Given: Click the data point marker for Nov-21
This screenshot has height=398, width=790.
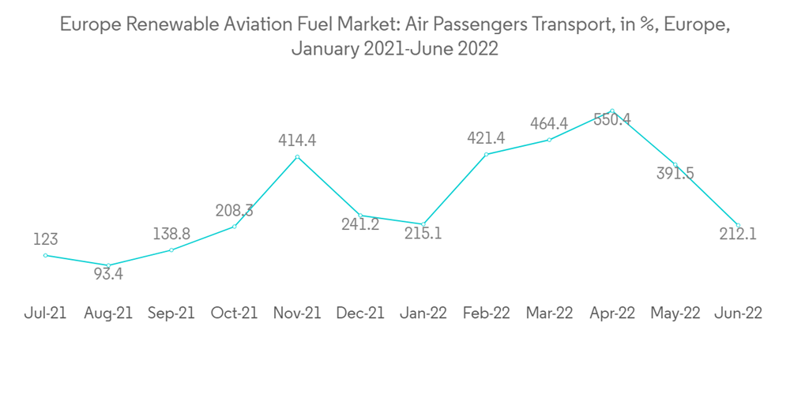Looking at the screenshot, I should pos(297,157).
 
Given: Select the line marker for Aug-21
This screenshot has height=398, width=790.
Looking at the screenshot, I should pos(108,265).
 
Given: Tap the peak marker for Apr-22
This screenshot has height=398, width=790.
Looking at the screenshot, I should pos(612,111).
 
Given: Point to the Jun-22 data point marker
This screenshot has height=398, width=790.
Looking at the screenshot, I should pos(738,225).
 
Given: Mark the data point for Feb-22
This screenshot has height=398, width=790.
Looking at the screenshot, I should pos(487,155).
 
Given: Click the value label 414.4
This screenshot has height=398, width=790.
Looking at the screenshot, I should pos(297,141).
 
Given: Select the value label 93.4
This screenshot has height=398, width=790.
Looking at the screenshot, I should pos(108,275).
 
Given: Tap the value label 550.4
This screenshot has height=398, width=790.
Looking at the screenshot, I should pos(612,120).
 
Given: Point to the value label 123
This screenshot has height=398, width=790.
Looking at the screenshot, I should pos(46,239).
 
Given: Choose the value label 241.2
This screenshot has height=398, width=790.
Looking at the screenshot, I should pos(360,224).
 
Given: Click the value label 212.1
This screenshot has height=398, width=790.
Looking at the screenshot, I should pos(738,234).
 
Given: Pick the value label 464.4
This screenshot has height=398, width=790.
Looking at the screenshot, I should pos(549,124).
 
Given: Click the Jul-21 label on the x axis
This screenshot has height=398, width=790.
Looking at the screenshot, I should pos(46,313).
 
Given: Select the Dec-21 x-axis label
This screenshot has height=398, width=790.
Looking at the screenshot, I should pos(360,313).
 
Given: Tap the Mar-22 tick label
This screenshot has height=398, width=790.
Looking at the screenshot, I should pos(549,313).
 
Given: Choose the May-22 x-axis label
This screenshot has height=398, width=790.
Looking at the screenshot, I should pos(675,313).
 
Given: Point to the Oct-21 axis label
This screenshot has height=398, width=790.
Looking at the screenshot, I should pos(235,313).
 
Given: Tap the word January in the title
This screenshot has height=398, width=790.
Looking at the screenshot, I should pos(325,49).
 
